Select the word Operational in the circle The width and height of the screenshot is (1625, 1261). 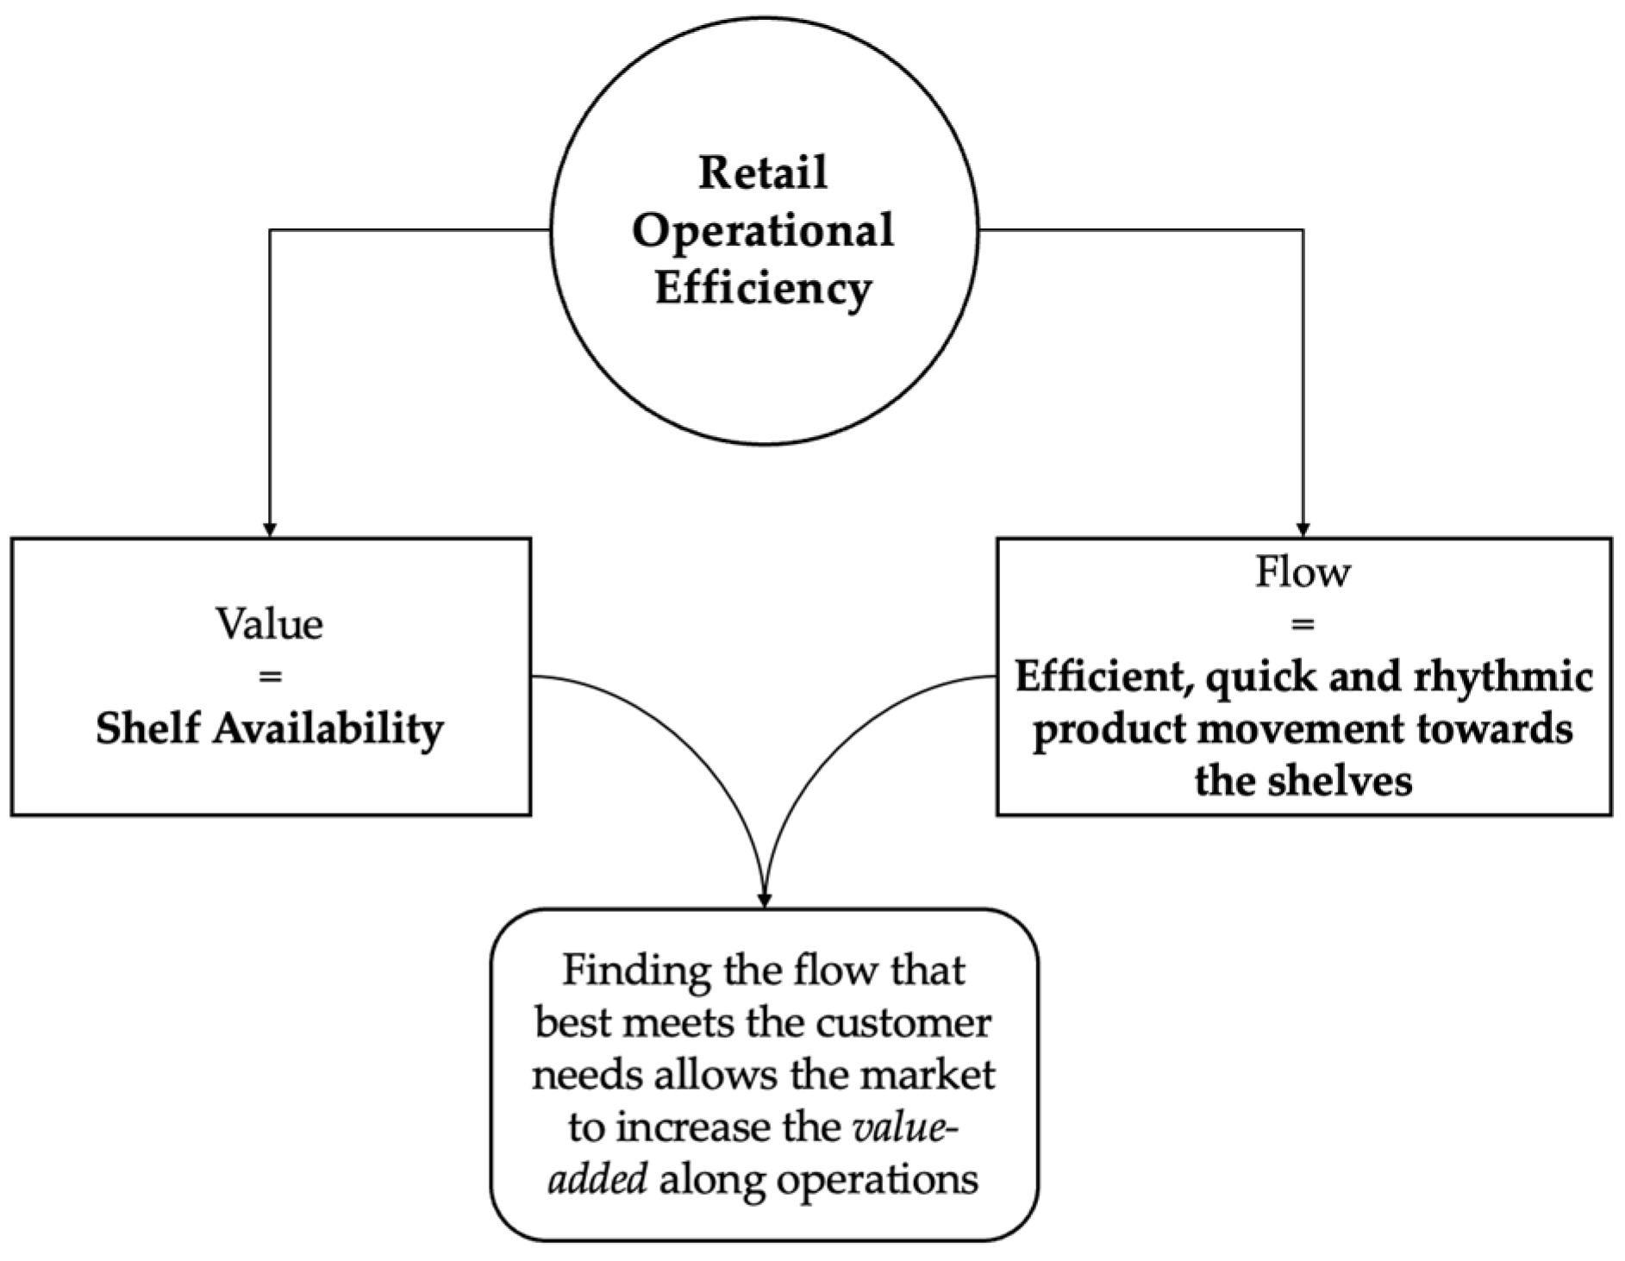762,231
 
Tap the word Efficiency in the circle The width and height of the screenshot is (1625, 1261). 762,288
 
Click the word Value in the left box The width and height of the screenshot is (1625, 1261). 270,624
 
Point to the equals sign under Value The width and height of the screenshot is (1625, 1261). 270,677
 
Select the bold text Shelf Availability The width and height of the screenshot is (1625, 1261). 270,728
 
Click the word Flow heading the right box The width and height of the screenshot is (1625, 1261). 1303,571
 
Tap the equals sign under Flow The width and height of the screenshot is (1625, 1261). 1303,624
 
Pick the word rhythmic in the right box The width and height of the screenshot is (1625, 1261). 1503,677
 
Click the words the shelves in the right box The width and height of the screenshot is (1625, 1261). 1303,782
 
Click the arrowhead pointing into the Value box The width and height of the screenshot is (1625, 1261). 270,529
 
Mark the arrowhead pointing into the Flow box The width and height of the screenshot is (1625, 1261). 1303,529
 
